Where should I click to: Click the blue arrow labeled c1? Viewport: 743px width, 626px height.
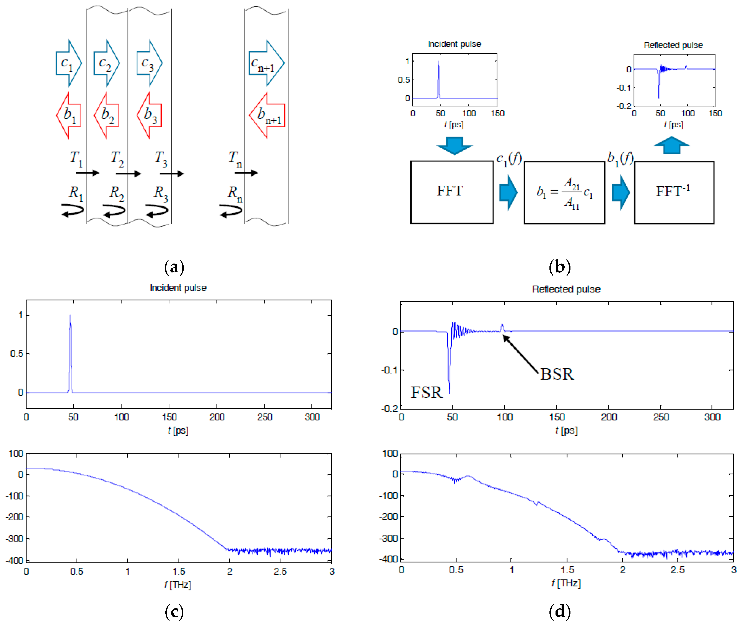[x=69, y=63]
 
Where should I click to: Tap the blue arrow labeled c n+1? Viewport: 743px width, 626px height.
[x=266, y=63]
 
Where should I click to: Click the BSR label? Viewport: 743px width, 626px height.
[x=557, y=374]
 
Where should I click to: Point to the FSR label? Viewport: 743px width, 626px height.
[x=427, y=392]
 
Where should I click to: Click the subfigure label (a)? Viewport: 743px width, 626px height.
[x=174, y=267]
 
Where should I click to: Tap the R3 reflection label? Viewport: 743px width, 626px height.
[x=160, y=193]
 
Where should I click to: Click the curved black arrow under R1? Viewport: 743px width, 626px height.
[x=73, y=210]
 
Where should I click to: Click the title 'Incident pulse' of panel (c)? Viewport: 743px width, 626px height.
[x=178, y=288]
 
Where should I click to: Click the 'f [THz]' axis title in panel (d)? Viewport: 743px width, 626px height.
[x=566, y=583]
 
